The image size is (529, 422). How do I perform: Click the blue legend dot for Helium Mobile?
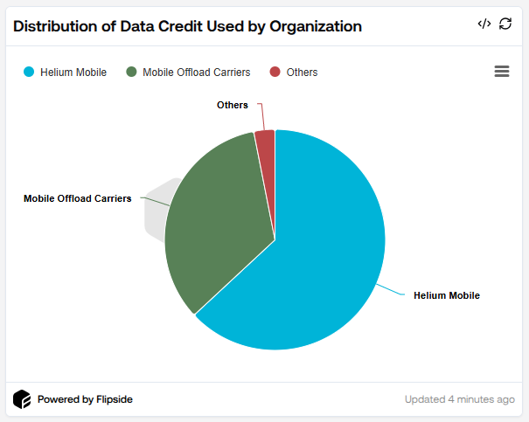point(29,73)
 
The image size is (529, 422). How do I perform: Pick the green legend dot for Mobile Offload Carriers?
point(131,73)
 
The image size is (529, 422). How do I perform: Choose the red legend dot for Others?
point(275,73)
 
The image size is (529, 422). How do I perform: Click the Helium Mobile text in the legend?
point(73,73)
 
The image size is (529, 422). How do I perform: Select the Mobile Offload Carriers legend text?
point(197,73)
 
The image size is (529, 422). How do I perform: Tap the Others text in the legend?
point(302,73)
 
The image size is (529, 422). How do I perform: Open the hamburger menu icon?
point(502,72)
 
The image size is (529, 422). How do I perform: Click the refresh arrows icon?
point(505,24)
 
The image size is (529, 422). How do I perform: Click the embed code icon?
point(484,24)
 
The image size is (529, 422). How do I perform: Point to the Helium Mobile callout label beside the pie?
point(447,295)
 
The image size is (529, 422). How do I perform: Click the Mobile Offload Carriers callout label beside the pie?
point(77,198)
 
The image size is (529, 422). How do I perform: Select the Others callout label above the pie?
point(232,105)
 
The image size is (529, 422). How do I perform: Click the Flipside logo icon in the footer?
point(22,399)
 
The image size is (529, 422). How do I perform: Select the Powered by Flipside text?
point(85,399)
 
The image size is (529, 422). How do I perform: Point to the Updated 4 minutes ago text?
point(459,399)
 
